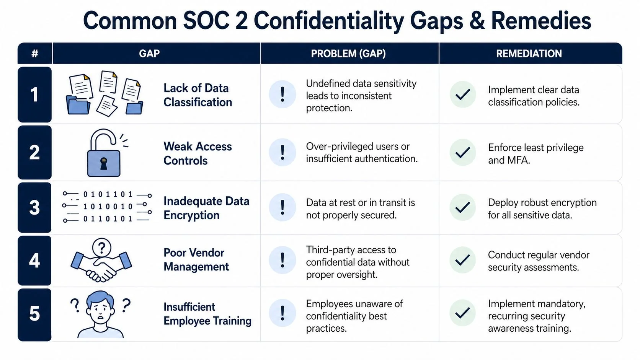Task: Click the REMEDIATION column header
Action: tap(529, 54)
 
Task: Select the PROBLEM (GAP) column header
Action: tap(348, 54)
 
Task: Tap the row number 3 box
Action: tap(34, 207)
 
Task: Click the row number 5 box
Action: tap(34, 314)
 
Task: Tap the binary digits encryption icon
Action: tap(108, 207)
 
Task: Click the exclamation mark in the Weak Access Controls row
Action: tap(282, 152)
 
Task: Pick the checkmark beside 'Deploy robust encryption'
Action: tap(463, 207)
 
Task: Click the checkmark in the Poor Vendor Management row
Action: tap(463, 260)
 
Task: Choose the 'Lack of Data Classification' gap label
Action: tap(198, 95)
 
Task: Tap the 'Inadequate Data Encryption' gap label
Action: tap(206, 208)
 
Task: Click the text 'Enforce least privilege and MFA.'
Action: tap(535, 154)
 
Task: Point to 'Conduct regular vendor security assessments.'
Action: tap(538, 261)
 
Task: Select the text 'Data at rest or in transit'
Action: tap(360, 203)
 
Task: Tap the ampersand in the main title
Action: tap(477, 21)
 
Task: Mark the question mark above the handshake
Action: tap(101, 248)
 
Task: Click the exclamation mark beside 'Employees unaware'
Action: tap(282, 313)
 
